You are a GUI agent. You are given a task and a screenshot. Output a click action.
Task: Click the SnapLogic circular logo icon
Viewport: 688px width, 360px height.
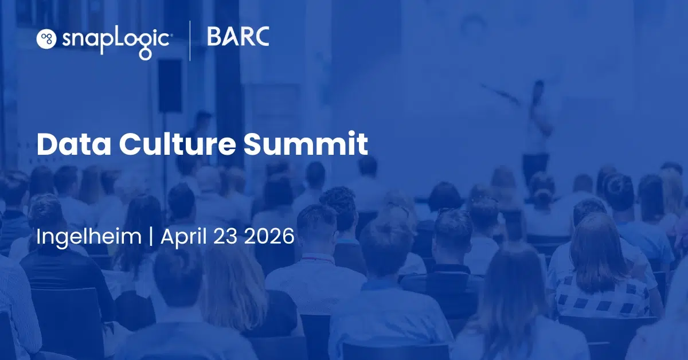tap(46, 38)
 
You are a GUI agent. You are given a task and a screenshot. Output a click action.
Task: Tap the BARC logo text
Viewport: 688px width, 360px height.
tap(238, 37)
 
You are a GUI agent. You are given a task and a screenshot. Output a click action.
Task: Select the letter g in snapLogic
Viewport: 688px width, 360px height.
tap(144, 43)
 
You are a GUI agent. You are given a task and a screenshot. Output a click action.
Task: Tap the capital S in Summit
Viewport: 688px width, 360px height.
tap(254, 144)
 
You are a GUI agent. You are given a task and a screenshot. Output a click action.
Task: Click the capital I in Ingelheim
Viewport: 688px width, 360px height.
tap(39, 236)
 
